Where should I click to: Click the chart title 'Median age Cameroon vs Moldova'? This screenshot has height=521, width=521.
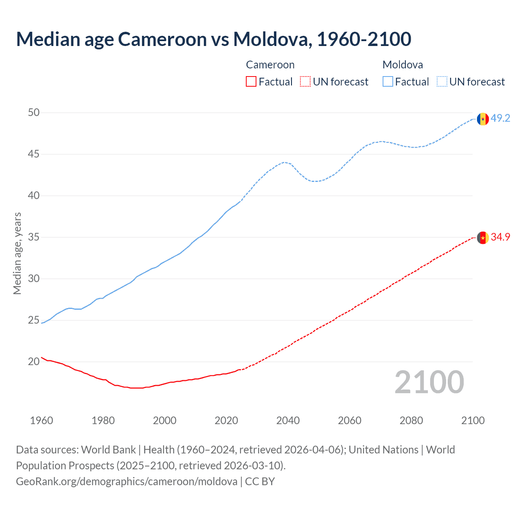click(213, 39)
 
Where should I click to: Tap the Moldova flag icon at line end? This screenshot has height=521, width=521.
click(483, 119)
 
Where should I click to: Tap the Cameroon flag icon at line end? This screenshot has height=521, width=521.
click(483, 238)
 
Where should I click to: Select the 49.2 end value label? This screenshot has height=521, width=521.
click(500, 118)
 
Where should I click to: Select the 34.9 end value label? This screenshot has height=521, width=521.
click(500, 237)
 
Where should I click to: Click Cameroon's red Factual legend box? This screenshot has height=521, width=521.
click(251, 82)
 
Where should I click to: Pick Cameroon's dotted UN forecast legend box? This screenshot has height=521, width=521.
click(305, 82)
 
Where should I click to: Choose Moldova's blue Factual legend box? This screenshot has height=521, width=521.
click(387, 82)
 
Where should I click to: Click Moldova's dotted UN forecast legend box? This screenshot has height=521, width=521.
click(442, 82)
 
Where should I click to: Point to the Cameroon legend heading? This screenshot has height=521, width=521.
click(270, 65)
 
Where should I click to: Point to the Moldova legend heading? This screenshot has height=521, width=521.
click(403, 65)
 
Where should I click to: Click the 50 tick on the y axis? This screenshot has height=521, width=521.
click(34, 113)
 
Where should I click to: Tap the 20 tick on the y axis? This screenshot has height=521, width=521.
click(34, 362)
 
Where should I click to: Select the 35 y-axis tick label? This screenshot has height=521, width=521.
click(34, 237)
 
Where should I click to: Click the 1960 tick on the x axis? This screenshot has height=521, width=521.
click(42, 421)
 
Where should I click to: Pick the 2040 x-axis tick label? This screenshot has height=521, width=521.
click(288, 421)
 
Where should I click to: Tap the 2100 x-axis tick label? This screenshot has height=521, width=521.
click(473, 421)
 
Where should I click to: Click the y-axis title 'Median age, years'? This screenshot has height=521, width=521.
click(17, 253)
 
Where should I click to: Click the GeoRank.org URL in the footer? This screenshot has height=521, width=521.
click(127, 482)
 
